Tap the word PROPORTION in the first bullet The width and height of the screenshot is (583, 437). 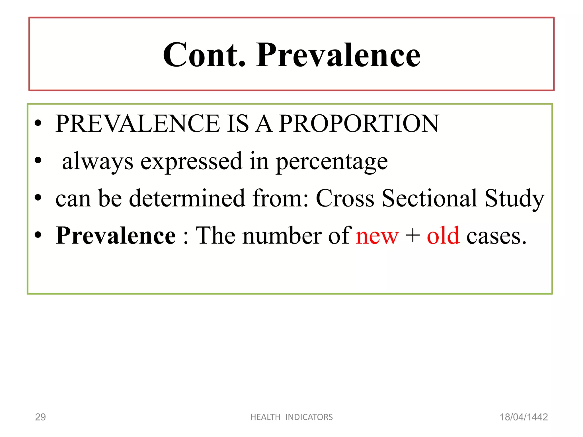[x=359, y=123]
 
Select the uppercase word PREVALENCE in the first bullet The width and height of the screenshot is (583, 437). [x=138, y=123]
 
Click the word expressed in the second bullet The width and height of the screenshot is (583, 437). [x=191, y=161]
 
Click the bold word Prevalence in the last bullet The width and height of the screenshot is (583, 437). [x=116, y=236]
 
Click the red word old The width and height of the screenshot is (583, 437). [x=443, y=236]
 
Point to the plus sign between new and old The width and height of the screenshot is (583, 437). [x=412, y=236]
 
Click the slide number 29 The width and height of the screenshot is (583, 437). [x=40, y=417]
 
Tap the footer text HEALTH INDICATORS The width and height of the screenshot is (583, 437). [x=291, y=417]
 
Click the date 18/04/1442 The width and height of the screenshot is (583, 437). [x=524, y=417]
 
